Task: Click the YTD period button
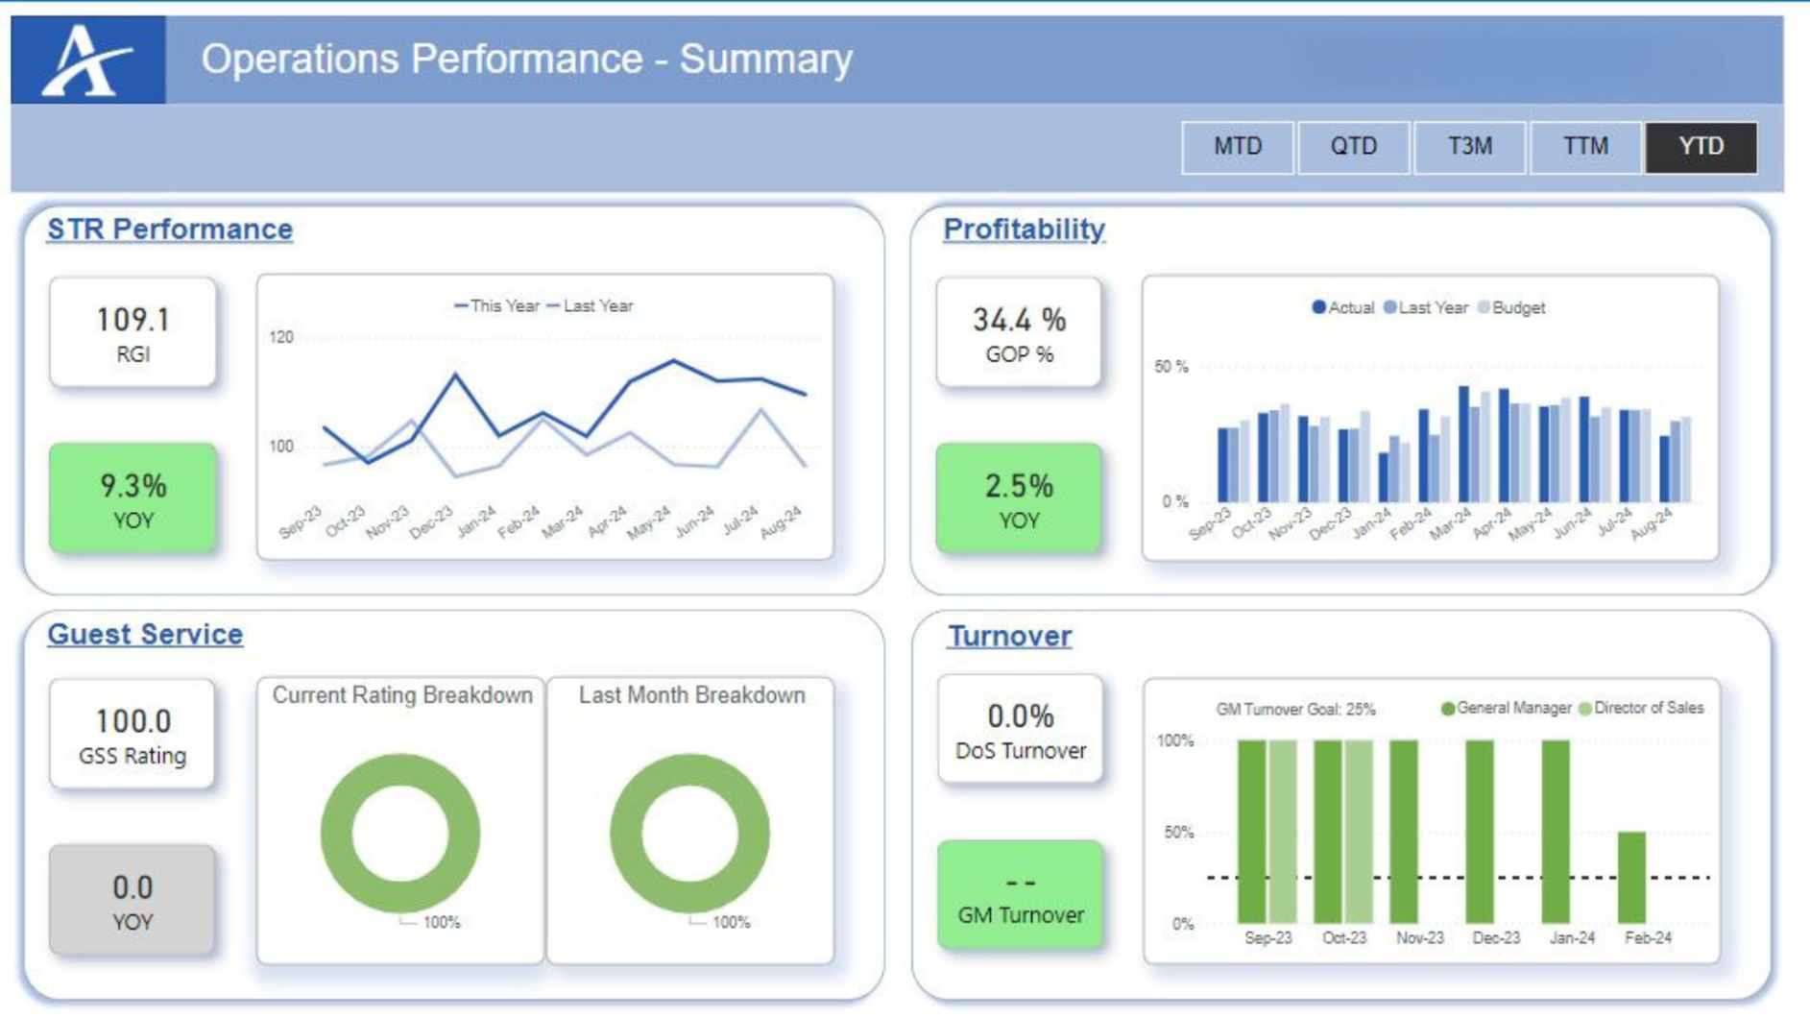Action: click(x=1701, y=147)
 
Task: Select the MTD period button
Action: click(x=1237, y=147)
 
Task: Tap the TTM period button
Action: click(x=1584, y=147)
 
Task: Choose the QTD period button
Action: click(x=1353, y=147)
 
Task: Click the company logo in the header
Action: click(x=88, y=60)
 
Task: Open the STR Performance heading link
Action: click(x=170, y=230)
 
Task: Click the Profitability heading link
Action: click(x=1024, y=230)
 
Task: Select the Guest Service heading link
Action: click(x=145, y=635)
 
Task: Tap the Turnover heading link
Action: click(x=1009, y=636)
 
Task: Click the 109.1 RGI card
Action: click(x=133, y=332)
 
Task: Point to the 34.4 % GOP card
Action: click(x=1019, y=332)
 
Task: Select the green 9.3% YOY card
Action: click(x=133, y=497)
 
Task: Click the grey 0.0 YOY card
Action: click(x=133, y=900)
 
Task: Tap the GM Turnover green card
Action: click(x=1020, y=895)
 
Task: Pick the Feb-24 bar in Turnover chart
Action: click(x=1631, y=877)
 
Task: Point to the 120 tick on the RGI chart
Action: click(x=281, y=337)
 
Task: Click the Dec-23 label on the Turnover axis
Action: click(x=1495, y=937)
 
